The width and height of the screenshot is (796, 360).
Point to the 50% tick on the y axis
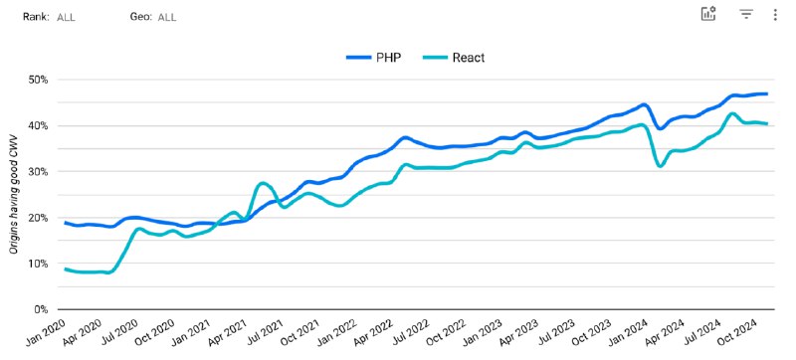[43, 80]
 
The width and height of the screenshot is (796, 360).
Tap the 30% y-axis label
[43, 172]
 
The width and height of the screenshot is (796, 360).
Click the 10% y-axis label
[43, 264]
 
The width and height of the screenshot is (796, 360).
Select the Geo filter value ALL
[167, 17]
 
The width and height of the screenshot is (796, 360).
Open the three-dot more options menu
[775, 14]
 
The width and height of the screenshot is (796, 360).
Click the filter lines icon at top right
[745, 14]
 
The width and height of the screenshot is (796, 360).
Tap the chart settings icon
[708, 14]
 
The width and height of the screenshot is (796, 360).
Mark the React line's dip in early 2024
[661, 166]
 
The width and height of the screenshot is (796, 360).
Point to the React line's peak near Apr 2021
[263, 183]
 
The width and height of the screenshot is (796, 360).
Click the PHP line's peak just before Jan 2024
[644, 104]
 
